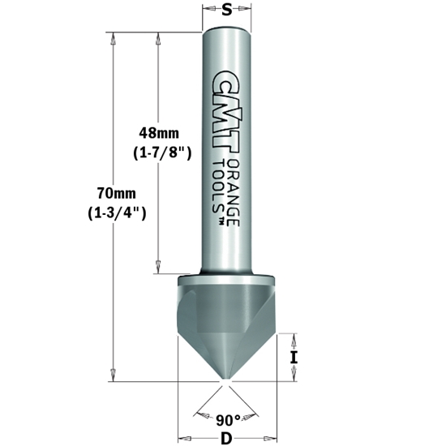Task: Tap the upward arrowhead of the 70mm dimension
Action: (x=114, y=37)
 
